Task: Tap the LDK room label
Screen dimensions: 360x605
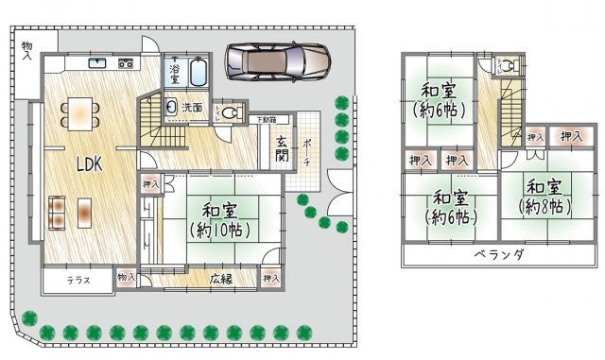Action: (x=90, y=163)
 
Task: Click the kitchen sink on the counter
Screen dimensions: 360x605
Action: (x=97, y=64)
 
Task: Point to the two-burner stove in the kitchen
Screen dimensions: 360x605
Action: (x=126, y=64)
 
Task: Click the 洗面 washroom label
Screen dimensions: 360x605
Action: (x=192, y=108)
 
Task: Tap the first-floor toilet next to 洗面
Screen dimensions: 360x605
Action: (x=227, y=111)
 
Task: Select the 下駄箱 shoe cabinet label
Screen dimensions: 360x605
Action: (x=268, y=120)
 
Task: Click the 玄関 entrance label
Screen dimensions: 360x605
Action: (x=282, y=149)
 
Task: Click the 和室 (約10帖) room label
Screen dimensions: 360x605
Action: (x=217, y=219)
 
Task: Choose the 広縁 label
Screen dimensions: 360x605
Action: (x=221, y=278)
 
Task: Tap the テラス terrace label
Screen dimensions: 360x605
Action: (x=79, y=280)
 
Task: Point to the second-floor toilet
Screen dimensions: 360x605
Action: (x=507, y=67)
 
